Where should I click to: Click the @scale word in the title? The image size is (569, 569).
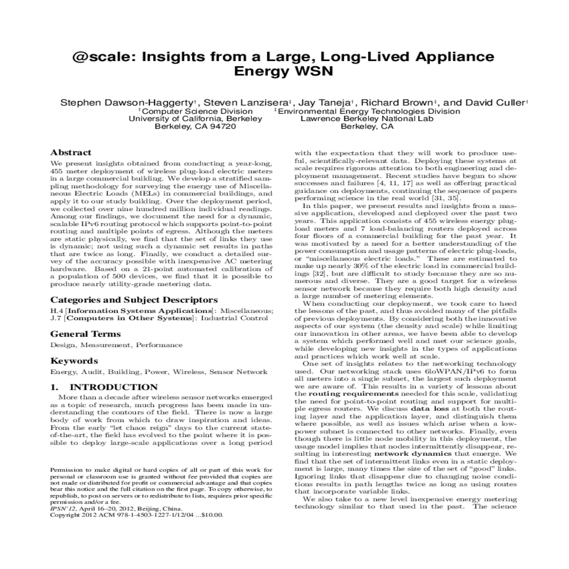(x=99, y=57)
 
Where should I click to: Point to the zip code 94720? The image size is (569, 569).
(x=223, y=127)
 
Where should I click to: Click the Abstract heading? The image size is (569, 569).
(x=71, y=153)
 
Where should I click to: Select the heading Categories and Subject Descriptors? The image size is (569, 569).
(x=134, y=300)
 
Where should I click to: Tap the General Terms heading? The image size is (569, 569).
(x=85, y=334)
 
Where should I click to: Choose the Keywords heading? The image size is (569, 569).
(x=74, y=361)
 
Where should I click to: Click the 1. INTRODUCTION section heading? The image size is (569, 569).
(x=104, y=387)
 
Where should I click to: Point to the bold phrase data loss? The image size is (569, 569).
(x=427, y=408)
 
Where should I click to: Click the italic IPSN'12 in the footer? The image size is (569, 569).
(x=61, y=507)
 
